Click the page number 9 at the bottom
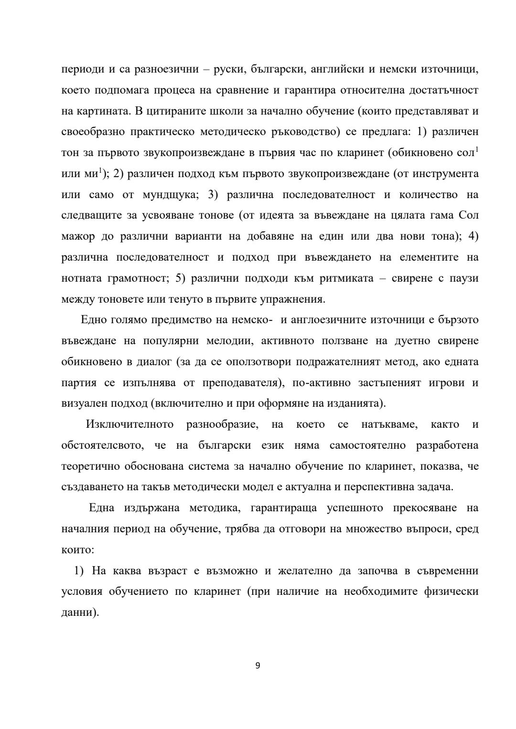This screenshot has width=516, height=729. pos(258,666)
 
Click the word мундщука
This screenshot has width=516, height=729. pos(181,195)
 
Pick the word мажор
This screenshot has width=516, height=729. pos(76,237)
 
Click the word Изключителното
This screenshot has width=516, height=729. pos(129,424)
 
